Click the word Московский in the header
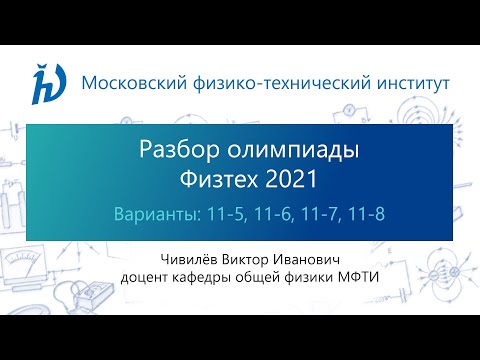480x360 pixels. (x=127, y=81)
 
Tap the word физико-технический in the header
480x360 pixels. (x=263, y=81)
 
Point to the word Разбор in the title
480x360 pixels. (x=168, y=151)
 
